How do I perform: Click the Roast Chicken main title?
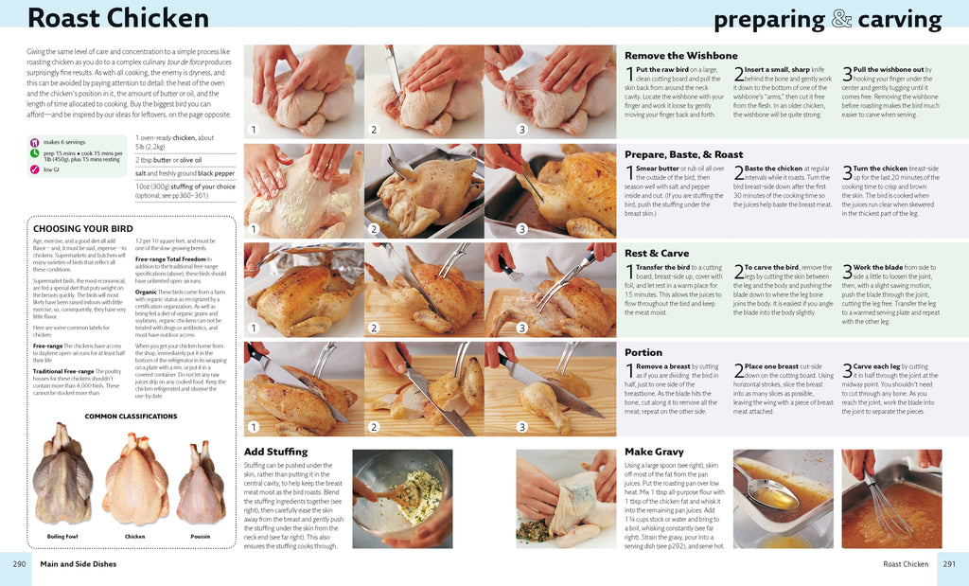click(118, 18)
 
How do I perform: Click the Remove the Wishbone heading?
click(680, 56)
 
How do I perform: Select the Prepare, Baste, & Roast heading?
click(683, 154)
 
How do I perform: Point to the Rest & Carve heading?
click(657, 254)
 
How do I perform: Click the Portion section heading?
click(643, 352)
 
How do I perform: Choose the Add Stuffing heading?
click(275, 452)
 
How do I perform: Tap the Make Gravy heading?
click(654, 452)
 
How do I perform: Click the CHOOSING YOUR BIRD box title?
click(83, 229)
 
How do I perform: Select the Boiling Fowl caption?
click(62, 537)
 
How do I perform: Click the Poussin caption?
click(201, 537)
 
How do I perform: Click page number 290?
click(19, 564)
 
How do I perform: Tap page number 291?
click(950, 564)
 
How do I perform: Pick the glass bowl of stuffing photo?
click(401, 496)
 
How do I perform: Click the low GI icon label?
click(50, 170)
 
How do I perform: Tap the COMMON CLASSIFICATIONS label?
click(131, 417)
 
